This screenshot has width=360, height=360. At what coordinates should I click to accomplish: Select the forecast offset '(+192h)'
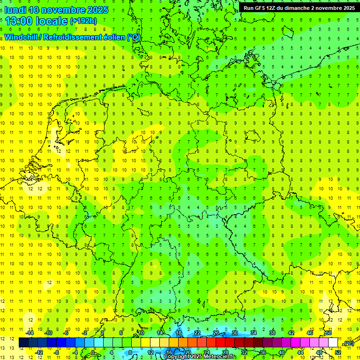(83, 21)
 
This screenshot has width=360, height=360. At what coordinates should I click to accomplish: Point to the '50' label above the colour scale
(329, 333)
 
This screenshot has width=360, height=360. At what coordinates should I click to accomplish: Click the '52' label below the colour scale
(338, 352)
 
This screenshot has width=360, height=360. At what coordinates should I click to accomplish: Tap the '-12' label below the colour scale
(39, 352)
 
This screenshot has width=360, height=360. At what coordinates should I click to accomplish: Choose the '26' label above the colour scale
(216, 333)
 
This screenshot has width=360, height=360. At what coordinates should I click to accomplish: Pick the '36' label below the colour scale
(263, 352)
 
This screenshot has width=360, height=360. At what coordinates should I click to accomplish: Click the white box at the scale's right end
(333, 343)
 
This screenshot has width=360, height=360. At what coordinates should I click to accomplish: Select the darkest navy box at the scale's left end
(23, 343)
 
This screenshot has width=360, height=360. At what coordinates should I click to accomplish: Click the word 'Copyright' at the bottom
(177, 357)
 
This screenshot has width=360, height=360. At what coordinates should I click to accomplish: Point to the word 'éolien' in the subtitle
(114, 37)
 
